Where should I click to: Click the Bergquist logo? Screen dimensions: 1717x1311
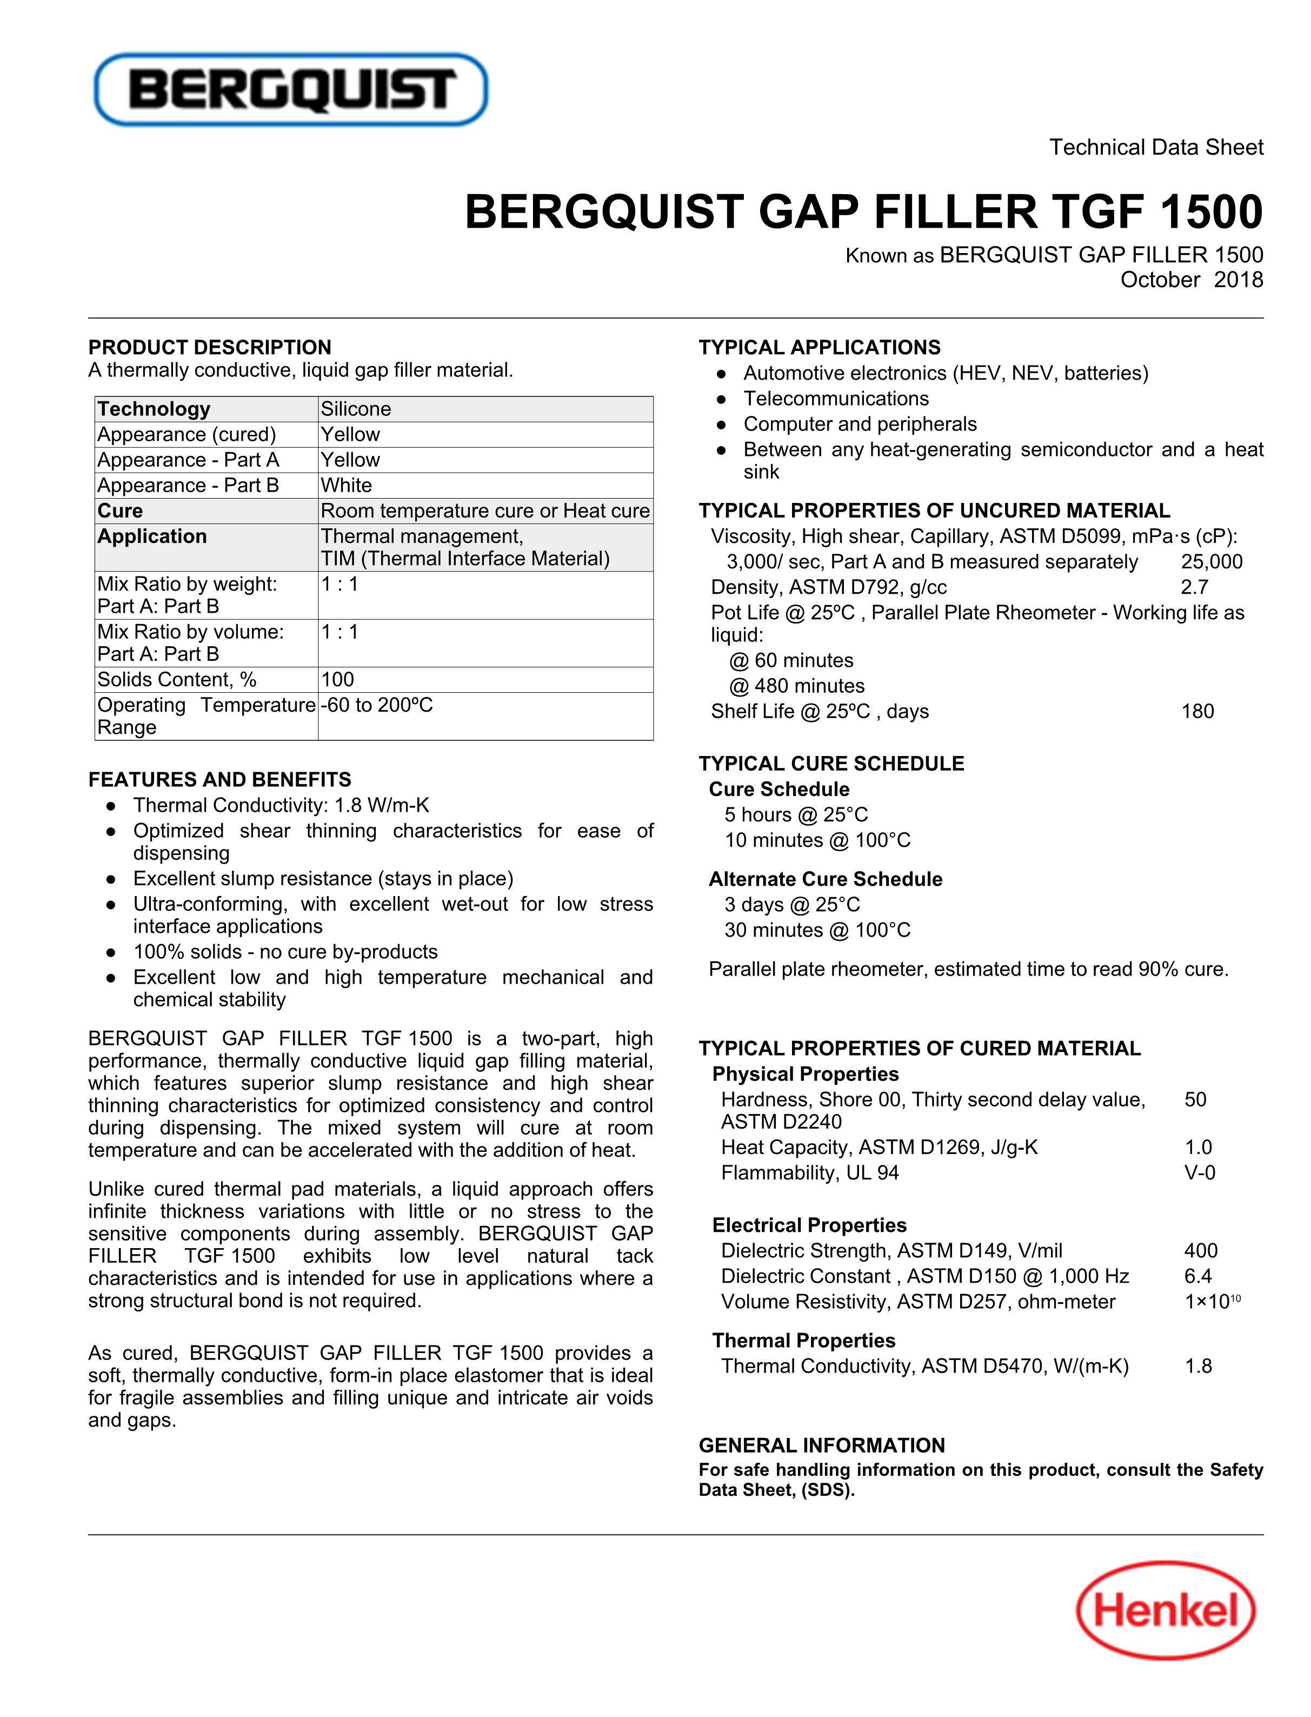290,89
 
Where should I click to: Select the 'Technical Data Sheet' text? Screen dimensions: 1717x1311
1156,148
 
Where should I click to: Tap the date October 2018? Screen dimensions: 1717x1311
1191,280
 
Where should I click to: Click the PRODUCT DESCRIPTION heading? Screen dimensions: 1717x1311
209,347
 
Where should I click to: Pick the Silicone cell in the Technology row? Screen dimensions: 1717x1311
356,409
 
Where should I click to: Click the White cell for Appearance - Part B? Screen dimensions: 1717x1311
347,486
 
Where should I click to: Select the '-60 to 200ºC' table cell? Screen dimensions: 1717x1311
377,706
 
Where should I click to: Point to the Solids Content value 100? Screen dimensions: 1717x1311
338,680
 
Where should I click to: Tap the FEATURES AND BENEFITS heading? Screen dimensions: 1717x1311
219,780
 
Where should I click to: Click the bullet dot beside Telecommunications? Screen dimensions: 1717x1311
722,400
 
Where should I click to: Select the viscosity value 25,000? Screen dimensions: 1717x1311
1211,562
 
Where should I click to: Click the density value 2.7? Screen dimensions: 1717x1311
1194,588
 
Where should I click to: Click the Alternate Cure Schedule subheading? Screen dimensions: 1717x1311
825,879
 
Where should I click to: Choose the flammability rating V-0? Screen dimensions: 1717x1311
1200,1173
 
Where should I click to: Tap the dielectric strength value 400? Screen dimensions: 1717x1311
1200,1251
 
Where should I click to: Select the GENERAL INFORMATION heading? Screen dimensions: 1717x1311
821,1446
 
